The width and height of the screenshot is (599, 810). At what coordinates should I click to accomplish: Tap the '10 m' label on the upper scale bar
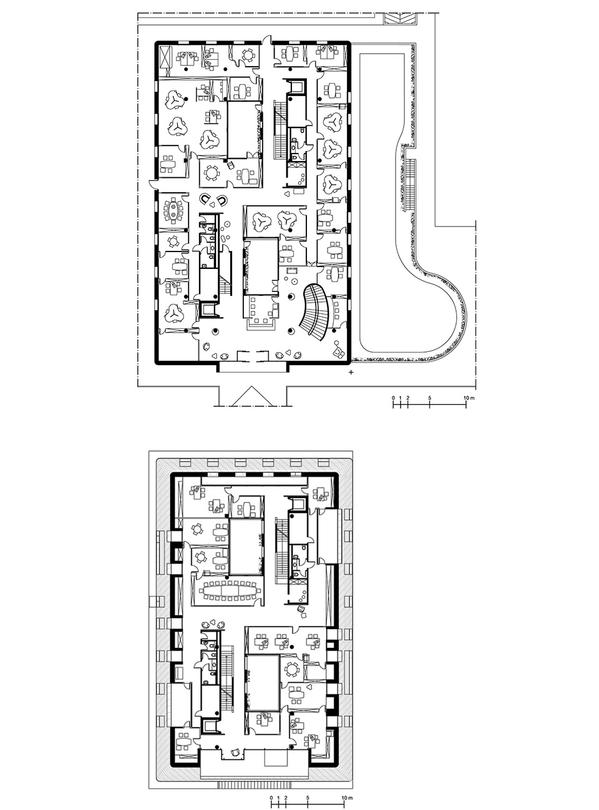(469, 398)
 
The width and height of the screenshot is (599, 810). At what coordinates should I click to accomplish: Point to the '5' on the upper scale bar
(429, 398)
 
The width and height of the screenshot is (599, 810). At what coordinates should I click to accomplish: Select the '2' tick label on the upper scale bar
(407, 398)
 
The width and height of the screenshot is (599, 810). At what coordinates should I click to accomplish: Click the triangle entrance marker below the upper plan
(252, 396)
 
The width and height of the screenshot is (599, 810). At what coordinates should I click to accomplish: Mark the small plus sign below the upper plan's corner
(351, 373)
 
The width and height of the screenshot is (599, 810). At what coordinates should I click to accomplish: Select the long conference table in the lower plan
(230, 590)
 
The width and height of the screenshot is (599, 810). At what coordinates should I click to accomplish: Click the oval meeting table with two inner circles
(173, 210)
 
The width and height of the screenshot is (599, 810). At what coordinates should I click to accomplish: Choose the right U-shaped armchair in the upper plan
(222, 200)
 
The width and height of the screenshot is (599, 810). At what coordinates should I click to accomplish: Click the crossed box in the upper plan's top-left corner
(167, 59)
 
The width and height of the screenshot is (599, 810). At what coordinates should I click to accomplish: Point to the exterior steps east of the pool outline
(411, 185)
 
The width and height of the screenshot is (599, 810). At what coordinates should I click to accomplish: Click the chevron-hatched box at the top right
(401, 19)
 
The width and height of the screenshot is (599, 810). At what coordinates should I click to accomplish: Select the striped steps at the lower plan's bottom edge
(255, 762)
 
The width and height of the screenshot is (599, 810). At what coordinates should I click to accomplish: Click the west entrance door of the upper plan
(153, 185)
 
